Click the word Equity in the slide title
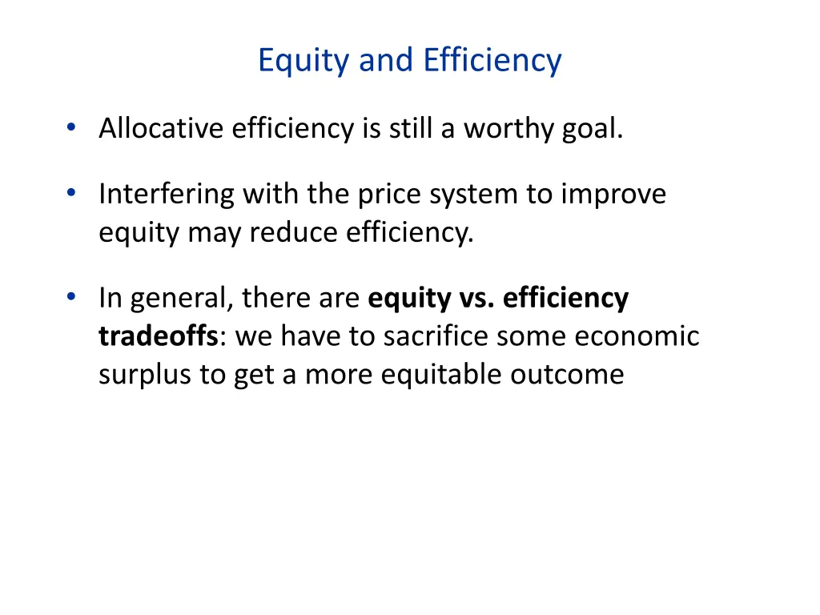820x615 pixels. (303, 61)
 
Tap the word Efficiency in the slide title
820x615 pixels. (492, 61)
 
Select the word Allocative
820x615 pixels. (160, 128)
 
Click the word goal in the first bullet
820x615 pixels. (592, 128)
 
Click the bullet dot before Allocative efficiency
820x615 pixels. (72, 127)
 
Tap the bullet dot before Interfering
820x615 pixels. (72, 193)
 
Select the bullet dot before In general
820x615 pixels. (72, 297)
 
